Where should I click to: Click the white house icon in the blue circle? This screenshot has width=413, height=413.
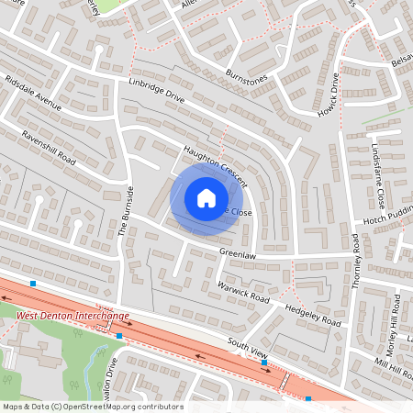206,197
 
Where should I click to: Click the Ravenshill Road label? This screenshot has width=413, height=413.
40,150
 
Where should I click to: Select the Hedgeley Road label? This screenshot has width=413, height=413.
313,314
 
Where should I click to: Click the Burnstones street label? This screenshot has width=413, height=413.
243,72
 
